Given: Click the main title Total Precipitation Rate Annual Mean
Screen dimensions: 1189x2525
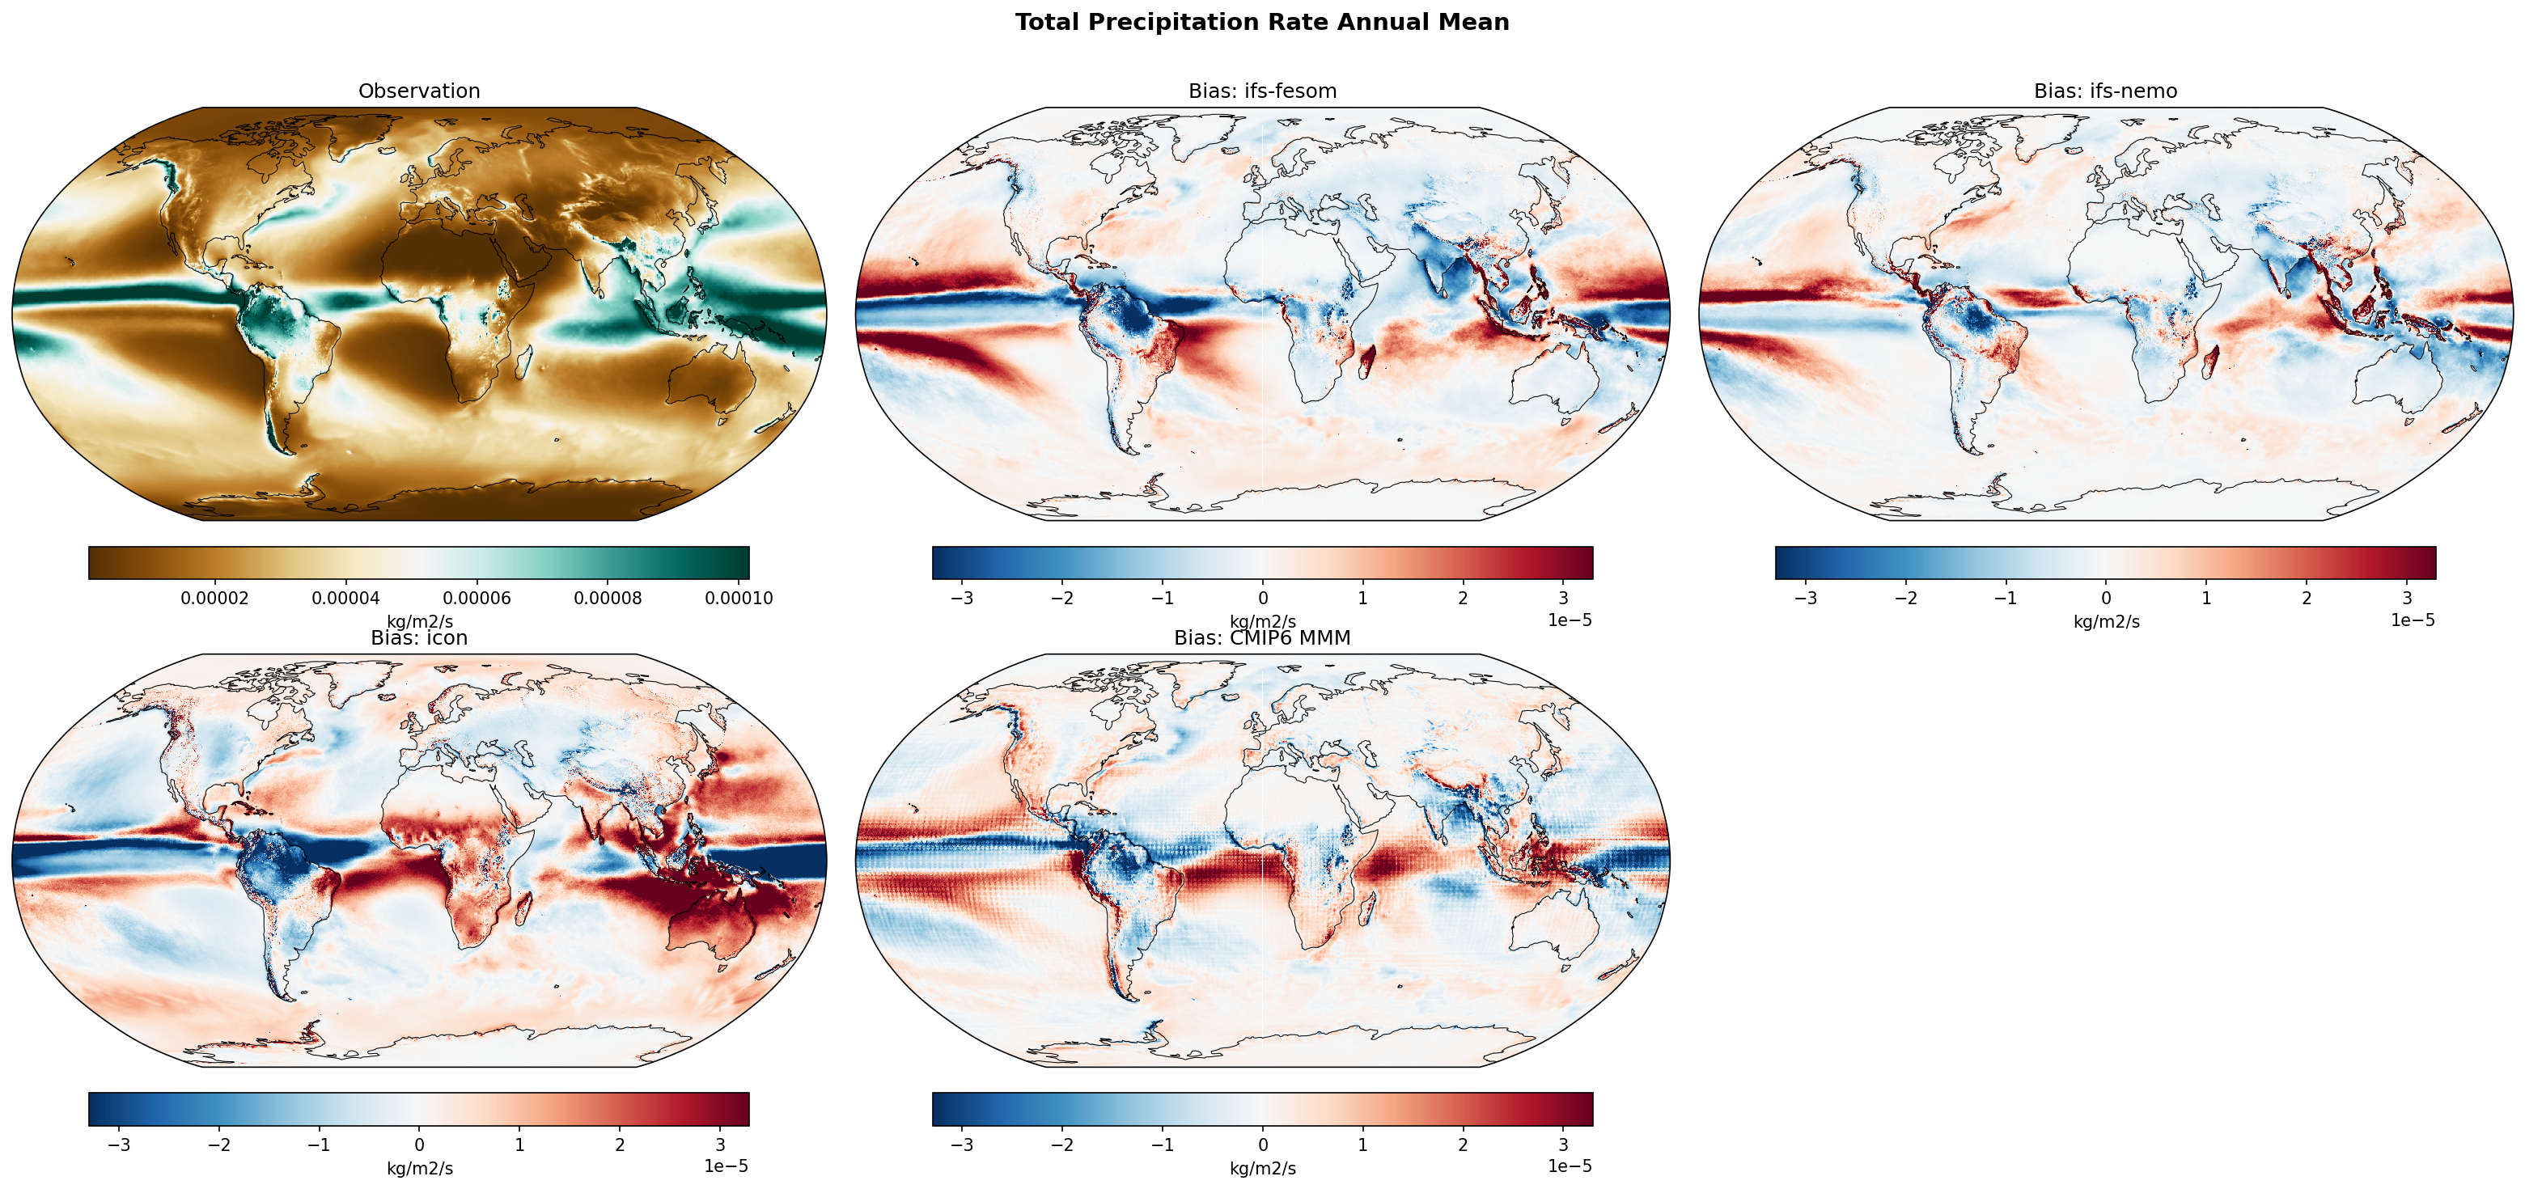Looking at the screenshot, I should coord(1261,23).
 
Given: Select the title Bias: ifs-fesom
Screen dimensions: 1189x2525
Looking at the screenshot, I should coord(1261,91).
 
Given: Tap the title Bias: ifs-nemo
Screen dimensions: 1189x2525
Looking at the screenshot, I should coord(2105,91).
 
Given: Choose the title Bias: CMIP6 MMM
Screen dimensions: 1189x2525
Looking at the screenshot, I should coord(1261,638).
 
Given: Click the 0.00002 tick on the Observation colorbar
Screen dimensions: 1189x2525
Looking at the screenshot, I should coord(214,598).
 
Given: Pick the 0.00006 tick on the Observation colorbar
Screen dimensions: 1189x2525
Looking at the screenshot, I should coord(477,598).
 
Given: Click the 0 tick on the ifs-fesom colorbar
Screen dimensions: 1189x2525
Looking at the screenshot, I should coord(1262,598).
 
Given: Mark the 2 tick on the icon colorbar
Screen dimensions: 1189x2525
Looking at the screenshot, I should coord(620,1144).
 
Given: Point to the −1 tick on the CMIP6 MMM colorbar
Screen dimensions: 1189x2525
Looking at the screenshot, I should coord(1162,1144).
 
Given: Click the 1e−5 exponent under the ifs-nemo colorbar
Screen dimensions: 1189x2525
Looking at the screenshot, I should coord(2413,620).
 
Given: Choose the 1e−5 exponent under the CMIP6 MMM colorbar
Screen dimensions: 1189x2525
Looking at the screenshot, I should coord(1570,1166).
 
